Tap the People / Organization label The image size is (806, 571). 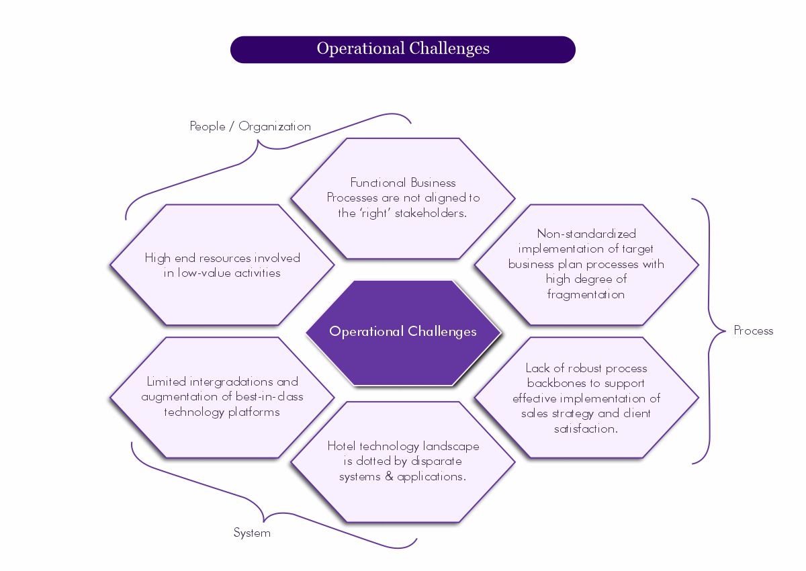(250, 126)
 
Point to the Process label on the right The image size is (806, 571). (753, 331)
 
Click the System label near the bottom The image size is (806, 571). (252, 533)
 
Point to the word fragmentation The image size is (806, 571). (586, 294)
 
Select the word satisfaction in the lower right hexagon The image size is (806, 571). (585, 429)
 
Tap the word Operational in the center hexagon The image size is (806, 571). (366, 331)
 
